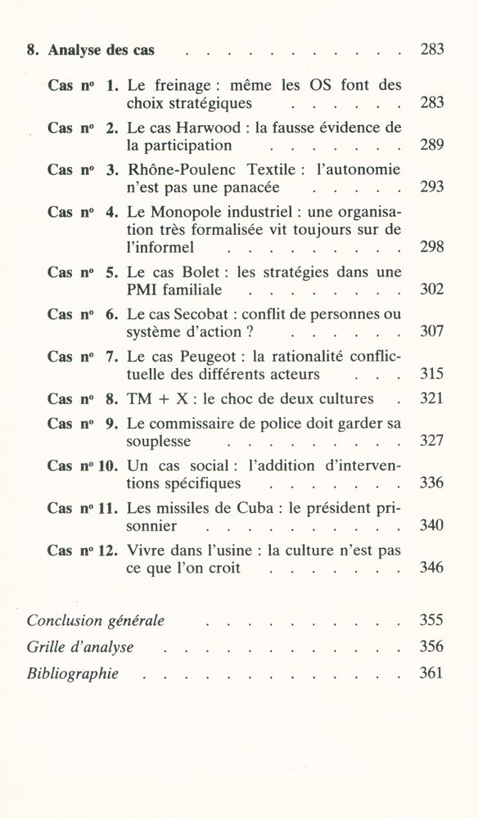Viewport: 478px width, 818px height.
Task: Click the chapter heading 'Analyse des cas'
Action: point(101,51)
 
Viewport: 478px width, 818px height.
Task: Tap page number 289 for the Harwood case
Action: point(431,146)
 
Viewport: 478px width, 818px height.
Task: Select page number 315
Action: point(431,374)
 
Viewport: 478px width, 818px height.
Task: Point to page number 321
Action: point(431,399)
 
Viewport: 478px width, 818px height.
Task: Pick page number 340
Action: point(431,525)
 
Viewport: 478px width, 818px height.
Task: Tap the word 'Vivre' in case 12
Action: point(147,551)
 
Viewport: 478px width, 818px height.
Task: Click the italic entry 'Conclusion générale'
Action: point(96,621)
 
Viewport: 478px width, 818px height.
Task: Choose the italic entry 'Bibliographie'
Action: point(73,674)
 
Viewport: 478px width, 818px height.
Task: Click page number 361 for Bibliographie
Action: point(431,674)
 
